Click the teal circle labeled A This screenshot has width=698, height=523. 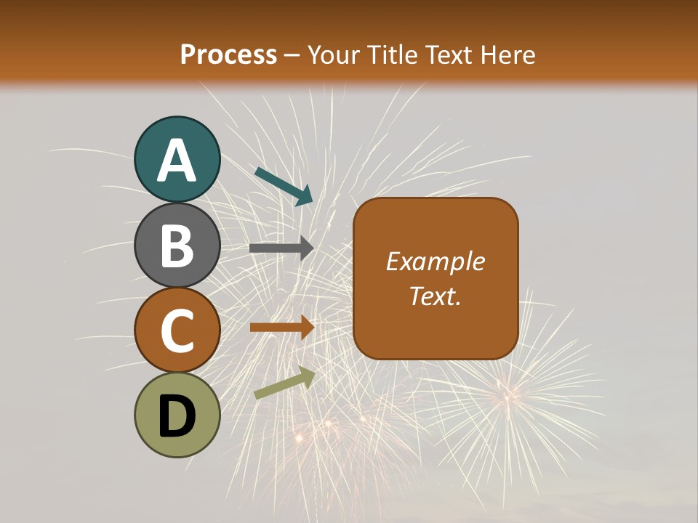point(177,160)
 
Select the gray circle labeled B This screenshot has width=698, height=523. point(177,245)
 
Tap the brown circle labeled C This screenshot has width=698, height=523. point(177,330)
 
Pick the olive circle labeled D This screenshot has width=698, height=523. point(177,415)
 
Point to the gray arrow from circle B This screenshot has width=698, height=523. point(281,248)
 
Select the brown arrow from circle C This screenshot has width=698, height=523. point(281,327)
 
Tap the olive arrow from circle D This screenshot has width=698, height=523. point(284,383)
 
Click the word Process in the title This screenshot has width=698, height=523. point(228,55)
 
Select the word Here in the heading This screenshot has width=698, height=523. point(509,55)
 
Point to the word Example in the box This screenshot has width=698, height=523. point(436,261)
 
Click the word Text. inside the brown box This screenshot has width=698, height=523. point(436,296)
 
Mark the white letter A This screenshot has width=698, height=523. point(177,161)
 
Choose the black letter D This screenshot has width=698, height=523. point(177,416)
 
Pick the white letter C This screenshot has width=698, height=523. point(177,331)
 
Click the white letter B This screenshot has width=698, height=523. point(177,246)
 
